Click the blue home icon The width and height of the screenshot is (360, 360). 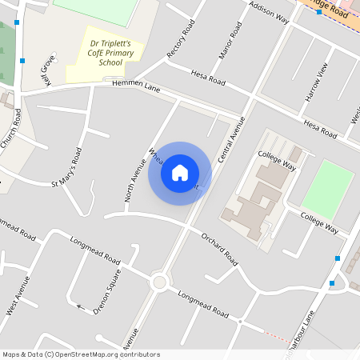tap(179, 172)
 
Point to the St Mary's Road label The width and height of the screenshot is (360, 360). tap(67, 168)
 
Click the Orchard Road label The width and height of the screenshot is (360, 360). tap(219, 248)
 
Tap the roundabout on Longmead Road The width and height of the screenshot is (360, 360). tap(159, 281)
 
